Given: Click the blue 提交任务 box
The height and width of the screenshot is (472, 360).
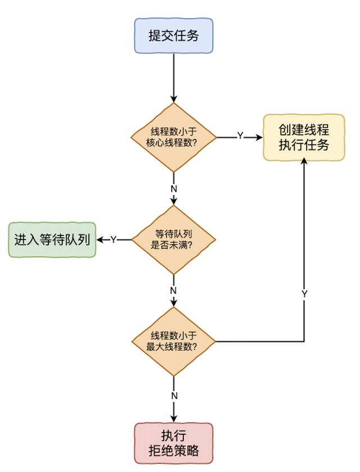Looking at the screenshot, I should click(x=174, y=36).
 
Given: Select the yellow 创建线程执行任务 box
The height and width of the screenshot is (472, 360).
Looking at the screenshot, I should click(x=304, y=137).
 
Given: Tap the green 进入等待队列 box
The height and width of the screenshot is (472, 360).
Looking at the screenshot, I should click(x=52, y=240).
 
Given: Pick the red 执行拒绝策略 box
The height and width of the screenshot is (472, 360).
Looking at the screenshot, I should click(x=174, y=443).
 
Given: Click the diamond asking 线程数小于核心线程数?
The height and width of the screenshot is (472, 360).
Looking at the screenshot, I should click(x=174, y=137).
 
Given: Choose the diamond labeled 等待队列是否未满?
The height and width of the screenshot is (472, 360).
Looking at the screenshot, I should click(x=174, y=240).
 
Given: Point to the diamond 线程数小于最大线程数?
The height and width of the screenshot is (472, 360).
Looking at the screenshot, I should click(x=174, y=342).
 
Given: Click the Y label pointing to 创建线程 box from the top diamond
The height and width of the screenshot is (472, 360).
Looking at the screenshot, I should click(x=240, y=137).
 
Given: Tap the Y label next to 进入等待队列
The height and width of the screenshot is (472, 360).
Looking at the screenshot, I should click(x=113, y=240).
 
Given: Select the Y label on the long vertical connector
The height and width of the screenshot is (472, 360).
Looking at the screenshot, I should click(x=304, y=294).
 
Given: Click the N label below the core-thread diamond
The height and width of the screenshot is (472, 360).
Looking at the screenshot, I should click(x=174, y=188).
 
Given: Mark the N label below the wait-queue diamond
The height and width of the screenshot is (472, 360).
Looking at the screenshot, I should click(x=174, y=291).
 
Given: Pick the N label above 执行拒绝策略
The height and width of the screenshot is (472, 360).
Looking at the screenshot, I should click(x=174, y=395).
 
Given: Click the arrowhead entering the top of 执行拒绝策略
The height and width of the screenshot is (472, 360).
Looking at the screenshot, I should click(x=174, y=419).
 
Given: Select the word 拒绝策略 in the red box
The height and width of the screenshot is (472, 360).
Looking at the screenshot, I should click(x=174, y=450).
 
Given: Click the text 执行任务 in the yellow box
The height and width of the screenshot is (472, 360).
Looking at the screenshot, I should click(x=304, y=145).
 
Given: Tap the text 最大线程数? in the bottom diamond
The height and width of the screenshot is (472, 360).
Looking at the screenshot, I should click(x=172, y=347).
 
